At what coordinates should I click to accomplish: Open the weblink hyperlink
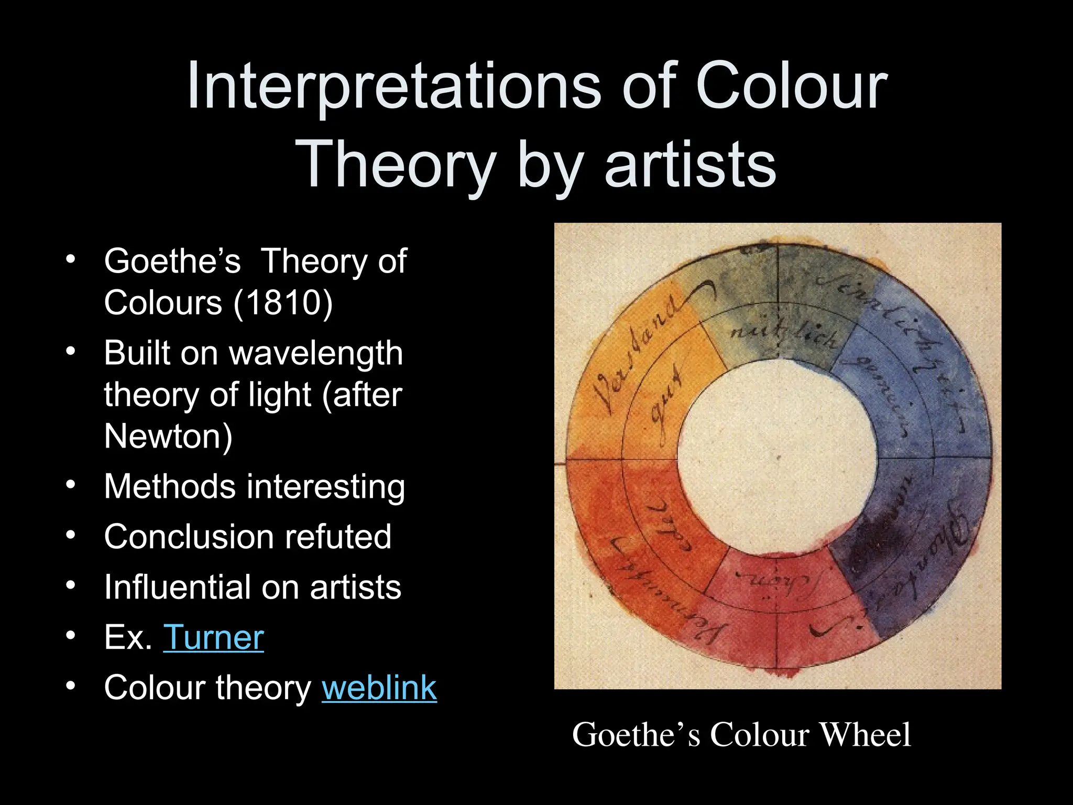point(379,688)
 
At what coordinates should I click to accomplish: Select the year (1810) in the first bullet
point(283,303)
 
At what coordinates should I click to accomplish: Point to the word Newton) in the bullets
point(168,436)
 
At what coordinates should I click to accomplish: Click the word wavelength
point(316,353)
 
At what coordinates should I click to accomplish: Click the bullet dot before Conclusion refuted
point(71,536)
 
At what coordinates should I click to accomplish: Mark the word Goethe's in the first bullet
point(172,261)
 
